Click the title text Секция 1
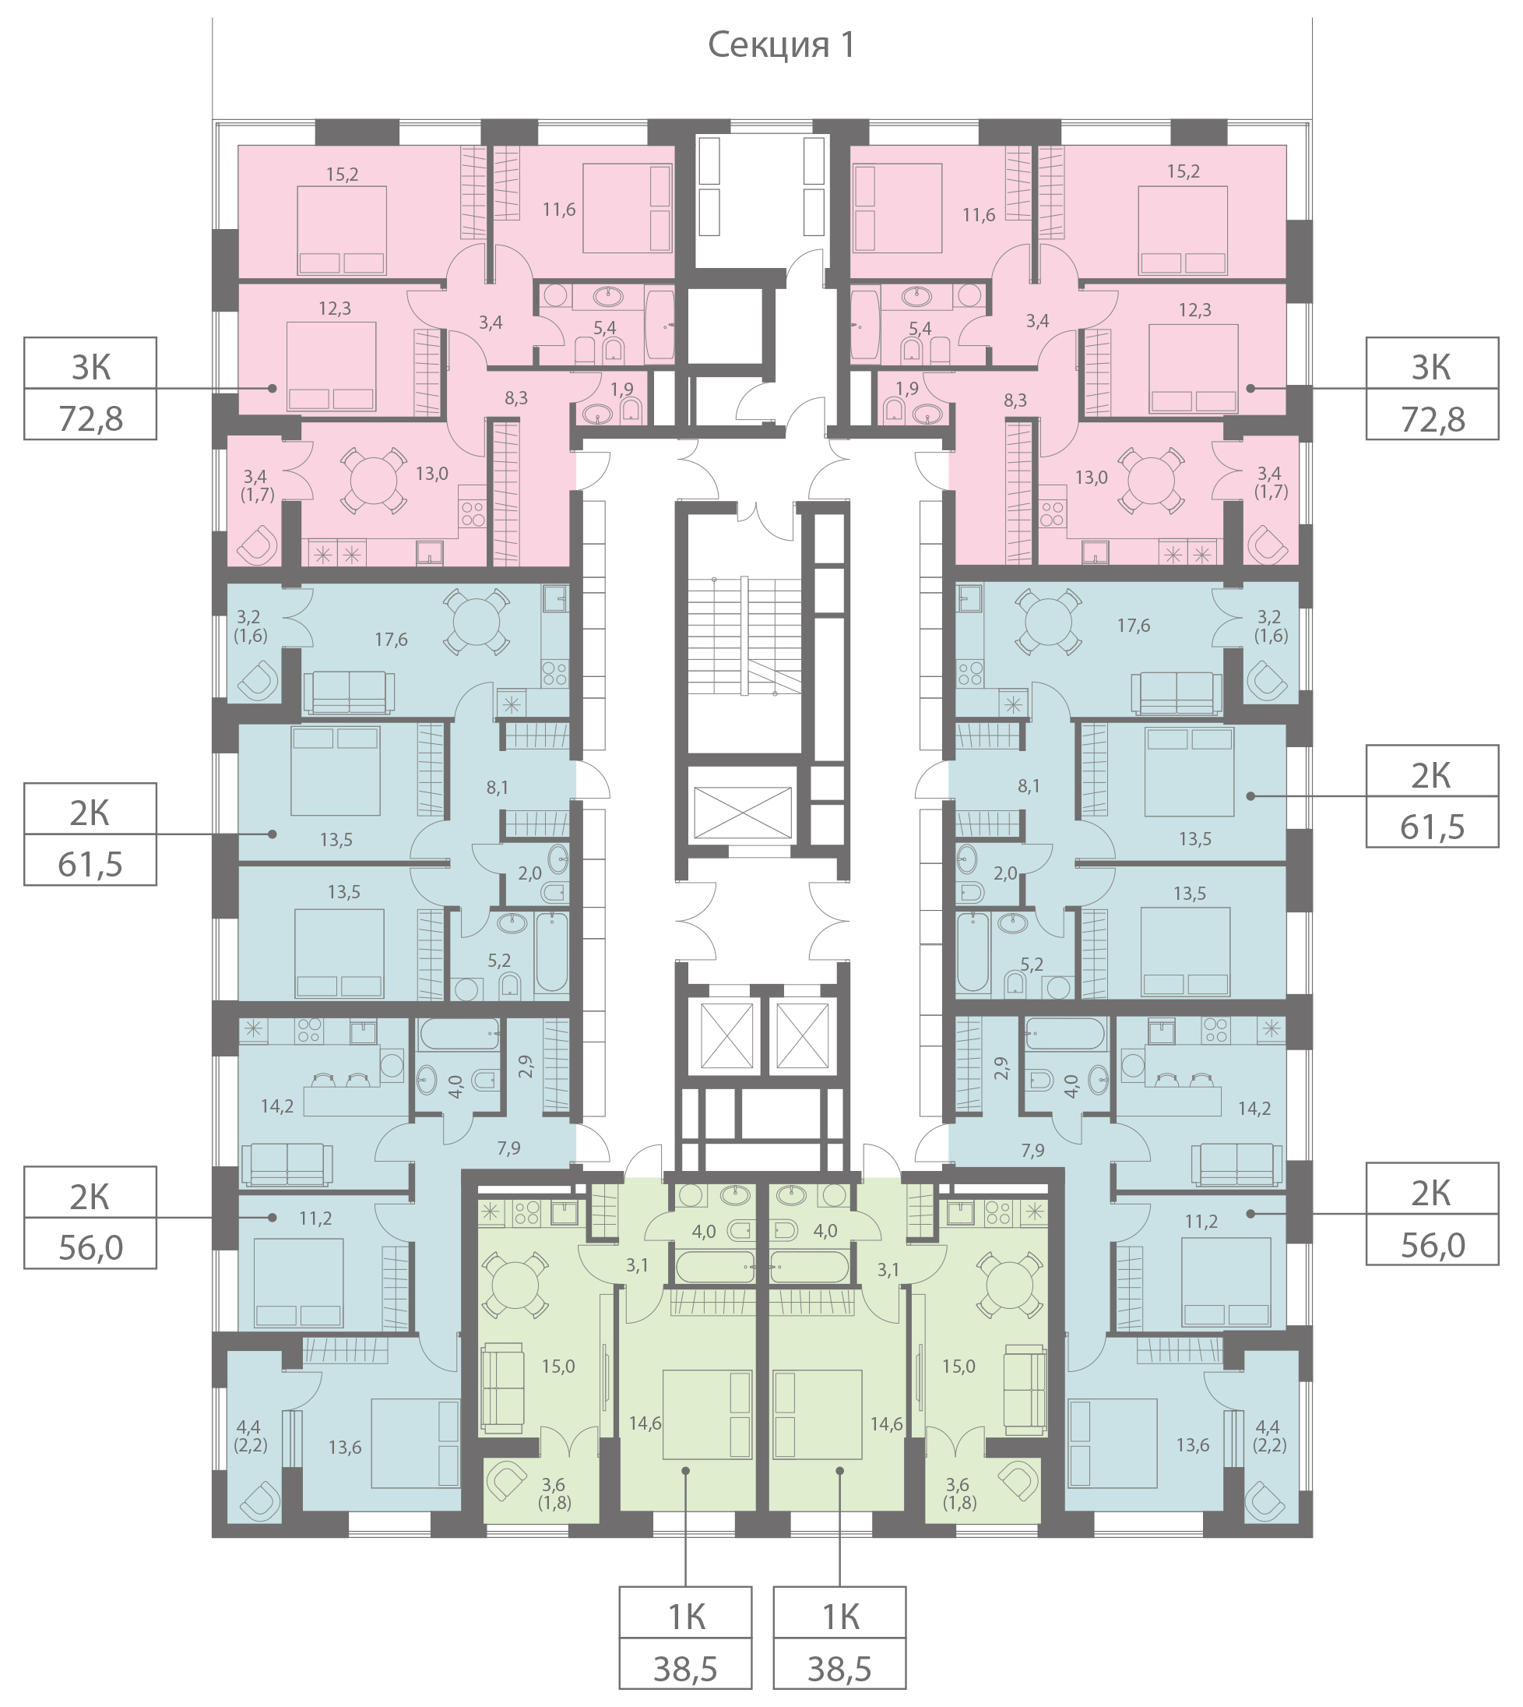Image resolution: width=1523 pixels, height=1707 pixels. tap(782, 45)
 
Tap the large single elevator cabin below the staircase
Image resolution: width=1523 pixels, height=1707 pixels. tap(742, 811)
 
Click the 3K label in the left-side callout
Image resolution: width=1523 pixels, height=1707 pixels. tap(90, 367)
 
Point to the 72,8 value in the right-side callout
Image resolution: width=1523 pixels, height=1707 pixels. tap(1433, 418)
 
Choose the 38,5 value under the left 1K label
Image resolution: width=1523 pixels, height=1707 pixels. tap(685, 1669)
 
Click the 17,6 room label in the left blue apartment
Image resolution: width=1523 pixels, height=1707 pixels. tap(391, 640)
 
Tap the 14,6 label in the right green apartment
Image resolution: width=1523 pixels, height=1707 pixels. tap(886, 1423)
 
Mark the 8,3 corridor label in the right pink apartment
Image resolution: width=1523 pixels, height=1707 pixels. tap(1015, 400)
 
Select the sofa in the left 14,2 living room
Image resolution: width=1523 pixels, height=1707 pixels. tap(287, 1165)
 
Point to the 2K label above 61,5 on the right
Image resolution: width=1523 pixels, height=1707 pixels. tap(1432, 775)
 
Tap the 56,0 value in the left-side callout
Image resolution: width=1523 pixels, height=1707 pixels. tap(90, 1247)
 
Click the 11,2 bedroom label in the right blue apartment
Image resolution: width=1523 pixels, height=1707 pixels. tap(1201, 1222)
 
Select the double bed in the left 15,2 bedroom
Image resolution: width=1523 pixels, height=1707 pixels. tap(343, 231)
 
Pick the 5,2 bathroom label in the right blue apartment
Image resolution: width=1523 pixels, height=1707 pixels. tap(1032, 965)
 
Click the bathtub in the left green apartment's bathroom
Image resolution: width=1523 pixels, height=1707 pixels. tap(716, 1267)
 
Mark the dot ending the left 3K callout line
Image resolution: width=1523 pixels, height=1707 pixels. tap(272, 388)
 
